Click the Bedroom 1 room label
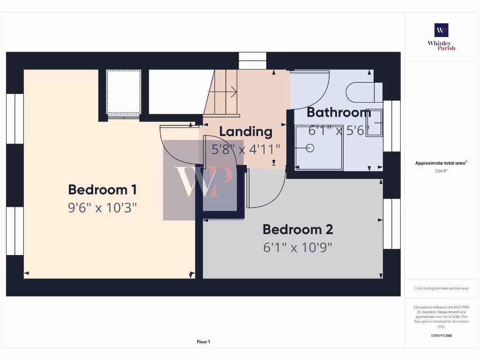(x=102, y=190)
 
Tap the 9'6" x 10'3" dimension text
(x=102, y=207)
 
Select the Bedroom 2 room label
(x=298, y=230)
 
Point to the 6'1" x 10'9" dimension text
(x=298, y=247)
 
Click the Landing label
(x=246, y=132)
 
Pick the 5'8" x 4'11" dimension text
(x=246, y=149)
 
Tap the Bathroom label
(x=338, y=112)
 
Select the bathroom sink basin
(x=374, y=123)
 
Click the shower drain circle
(x=310, y=148)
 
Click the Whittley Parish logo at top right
(x=441, y=37)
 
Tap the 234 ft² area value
(x=441, y=171)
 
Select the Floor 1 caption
(x=203, y=342)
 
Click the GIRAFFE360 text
(x=441, y=336)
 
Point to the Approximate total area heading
(x=441, y=163)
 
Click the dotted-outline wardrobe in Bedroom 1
(x=123, y=92)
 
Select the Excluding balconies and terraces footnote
(x=441, y=288)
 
